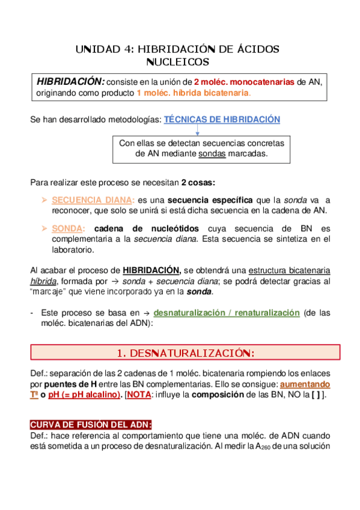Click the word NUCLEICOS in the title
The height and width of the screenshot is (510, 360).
pos(178,62)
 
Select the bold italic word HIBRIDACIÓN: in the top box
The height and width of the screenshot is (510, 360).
pos(70,81)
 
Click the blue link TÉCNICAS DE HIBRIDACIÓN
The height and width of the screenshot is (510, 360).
pos(222,120)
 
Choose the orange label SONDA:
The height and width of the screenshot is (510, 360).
pos(69,229)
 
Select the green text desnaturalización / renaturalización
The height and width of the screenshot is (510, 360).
pos(226,313)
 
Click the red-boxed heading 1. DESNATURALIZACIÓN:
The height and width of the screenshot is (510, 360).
pos(185,352)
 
